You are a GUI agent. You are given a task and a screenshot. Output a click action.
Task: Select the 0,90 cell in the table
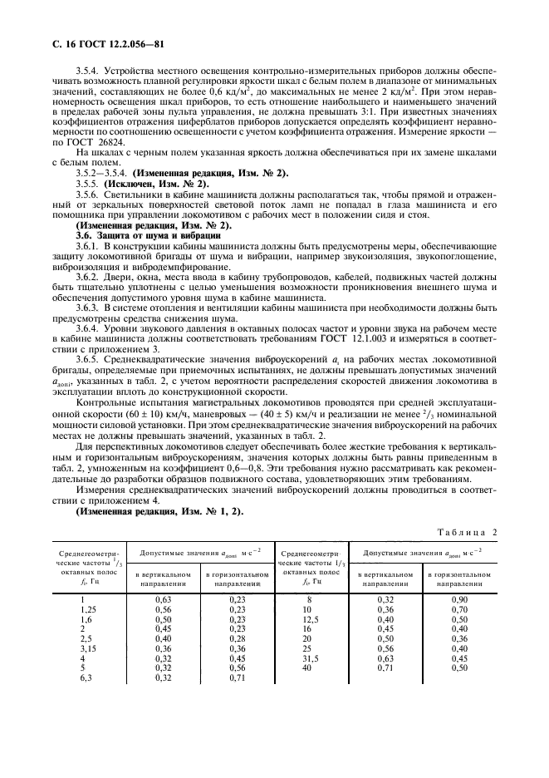pos(459,598)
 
